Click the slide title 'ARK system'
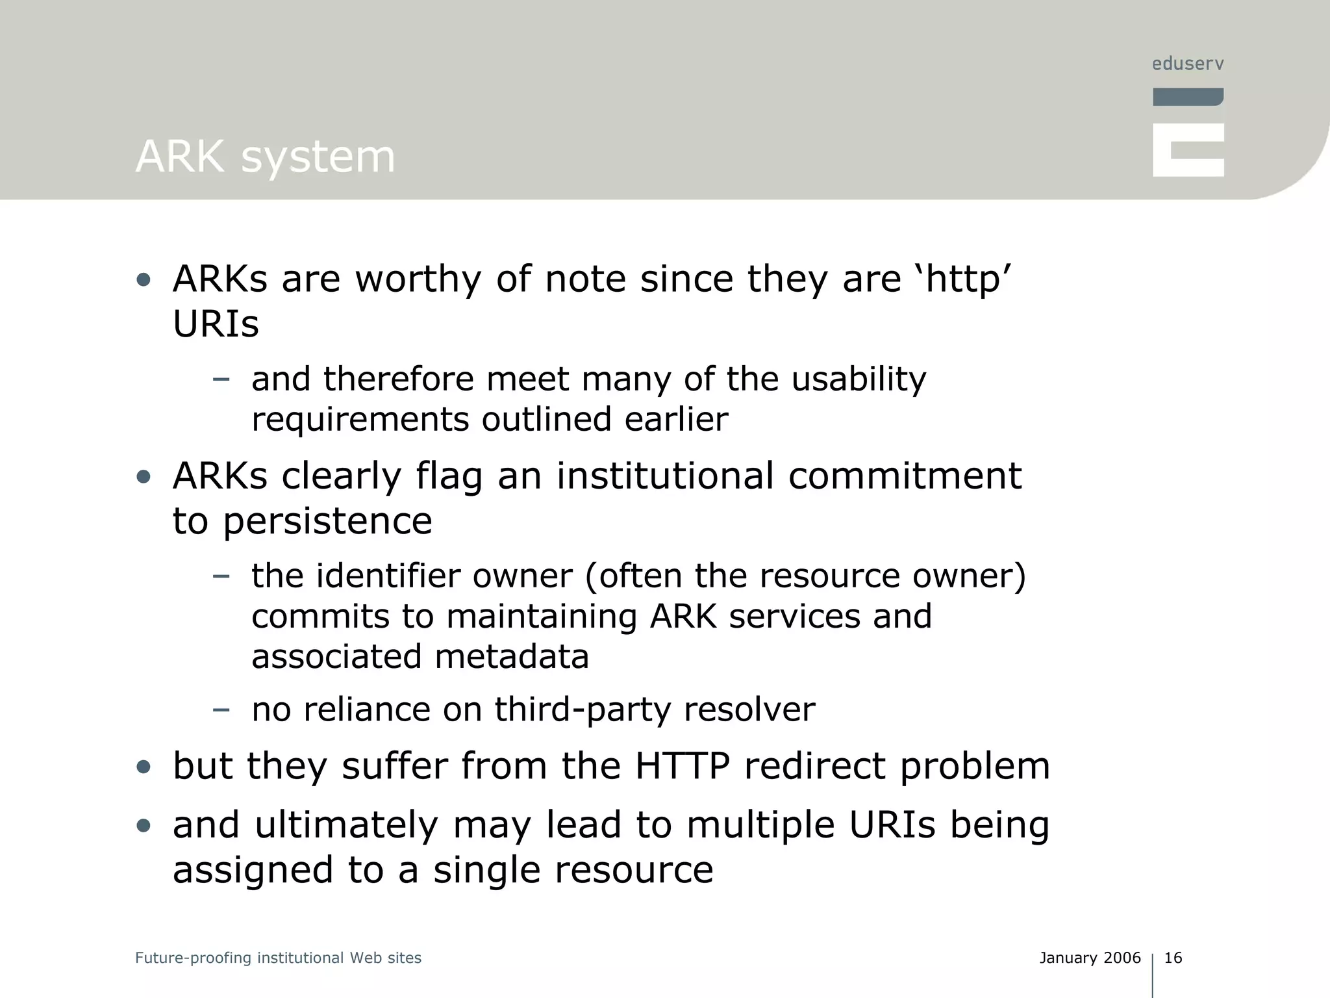[265, 157]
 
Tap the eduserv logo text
[1188, 64]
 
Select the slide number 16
[1173, 958]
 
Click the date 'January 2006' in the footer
[1090, 958]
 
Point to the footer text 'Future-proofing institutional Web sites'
[278, 958]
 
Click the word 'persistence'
[328, 521]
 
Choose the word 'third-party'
[583, 710]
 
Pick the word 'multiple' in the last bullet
[760, 825]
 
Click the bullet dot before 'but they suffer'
[144, 767]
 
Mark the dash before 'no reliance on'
[221, 710]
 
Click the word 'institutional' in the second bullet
[665, 476]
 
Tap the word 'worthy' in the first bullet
[418, 280]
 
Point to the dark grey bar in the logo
[1188, 97]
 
